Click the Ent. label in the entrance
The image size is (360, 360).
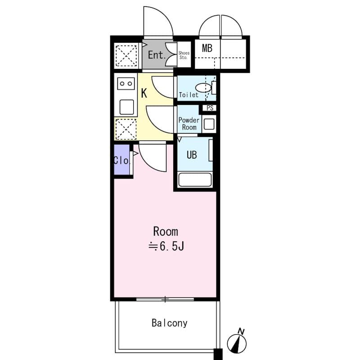coord(157,56)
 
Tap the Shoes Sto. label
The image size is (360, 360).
coord(184,55)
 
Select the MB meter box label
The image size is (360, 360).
coord(207,48)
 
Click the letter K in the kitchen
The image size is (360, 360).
coord(144,94)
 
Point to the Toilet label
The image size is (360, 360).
coord(189,95)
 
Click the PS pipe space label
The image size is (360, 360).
coord(210,108)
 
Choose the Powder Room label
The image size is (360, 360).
coord(189,124)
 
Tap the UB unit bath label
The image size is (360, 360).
coord(192,155)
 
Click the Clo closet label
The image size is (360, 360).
coord(121,160)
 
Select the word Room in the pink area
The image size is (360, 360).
coord(166,232)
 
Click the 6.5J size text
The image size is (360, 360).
coord(170,246)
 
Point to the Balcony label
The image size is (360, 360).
coord(169,323)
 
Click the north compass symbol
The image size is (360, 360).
coord(237,342)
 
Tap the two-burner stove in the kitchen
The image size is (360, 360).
coord(126,83)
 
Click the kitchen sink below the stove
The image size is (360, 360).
coord(126,107)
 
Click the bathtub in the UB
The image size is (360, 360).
coord(195,180)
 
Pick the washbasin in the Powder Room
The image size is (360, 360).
coord(208,123)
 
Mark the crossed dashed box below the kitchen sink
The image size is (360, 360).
coord(126,129)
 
